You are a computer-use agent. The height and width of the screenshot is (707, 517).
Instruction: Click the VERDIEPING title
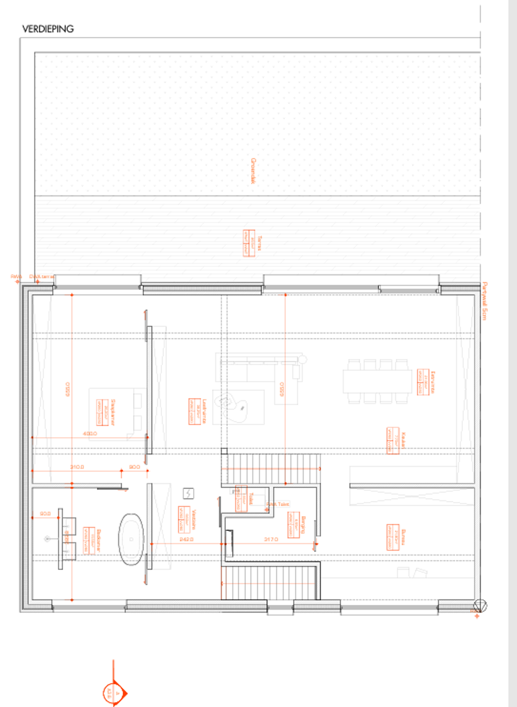pos(48,29)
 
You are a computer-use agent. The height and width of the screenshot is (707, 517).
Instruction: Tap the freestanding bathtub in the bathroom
pos(131,539)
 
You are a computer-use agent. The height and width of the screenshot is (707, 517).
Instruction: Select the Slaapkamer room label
pos(112,412)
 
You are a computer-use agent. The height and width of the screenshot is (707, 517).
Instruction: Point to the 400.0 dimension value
pos(90,434)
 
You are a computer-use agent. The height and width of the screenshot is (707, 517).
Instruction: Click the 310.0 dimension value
pos(77,467)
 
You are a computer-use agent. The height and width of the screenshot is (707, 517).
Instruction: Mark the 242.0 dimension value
pos(187,539)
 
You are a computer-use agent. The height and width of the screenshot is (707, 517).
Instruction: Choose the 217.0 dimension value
pos(271,539)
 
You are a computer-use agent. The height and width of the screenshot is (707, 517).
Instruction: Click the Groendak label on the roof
pos(253,170)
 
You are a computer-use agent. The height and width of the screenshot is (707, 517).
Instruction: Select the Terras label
pos(259,243)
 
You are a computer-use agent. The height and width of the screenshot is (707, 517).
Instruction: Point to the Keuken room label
pos(403,440)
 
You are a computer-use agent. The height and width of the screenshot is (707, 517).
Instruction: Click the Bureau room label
pos(403,537)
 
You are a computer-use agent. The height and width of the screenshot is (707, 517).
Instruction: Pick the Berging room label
pos(303,525)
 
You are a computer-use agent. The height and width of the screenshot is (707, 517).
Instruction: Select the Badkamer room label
pos(99,541)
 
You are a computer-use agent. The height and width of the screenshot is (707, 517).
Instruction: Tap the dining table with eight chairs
pos(377,381)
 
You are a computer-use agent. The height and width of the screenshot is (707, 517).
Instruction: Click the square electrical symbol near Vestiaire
pos(188,493)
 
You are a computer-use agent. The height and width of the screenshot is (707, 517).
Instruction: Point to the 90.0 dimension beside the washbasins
pos(45,514)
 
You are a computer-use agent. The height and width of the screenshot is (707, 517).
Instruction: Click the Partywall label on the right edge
pos(484,300)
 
